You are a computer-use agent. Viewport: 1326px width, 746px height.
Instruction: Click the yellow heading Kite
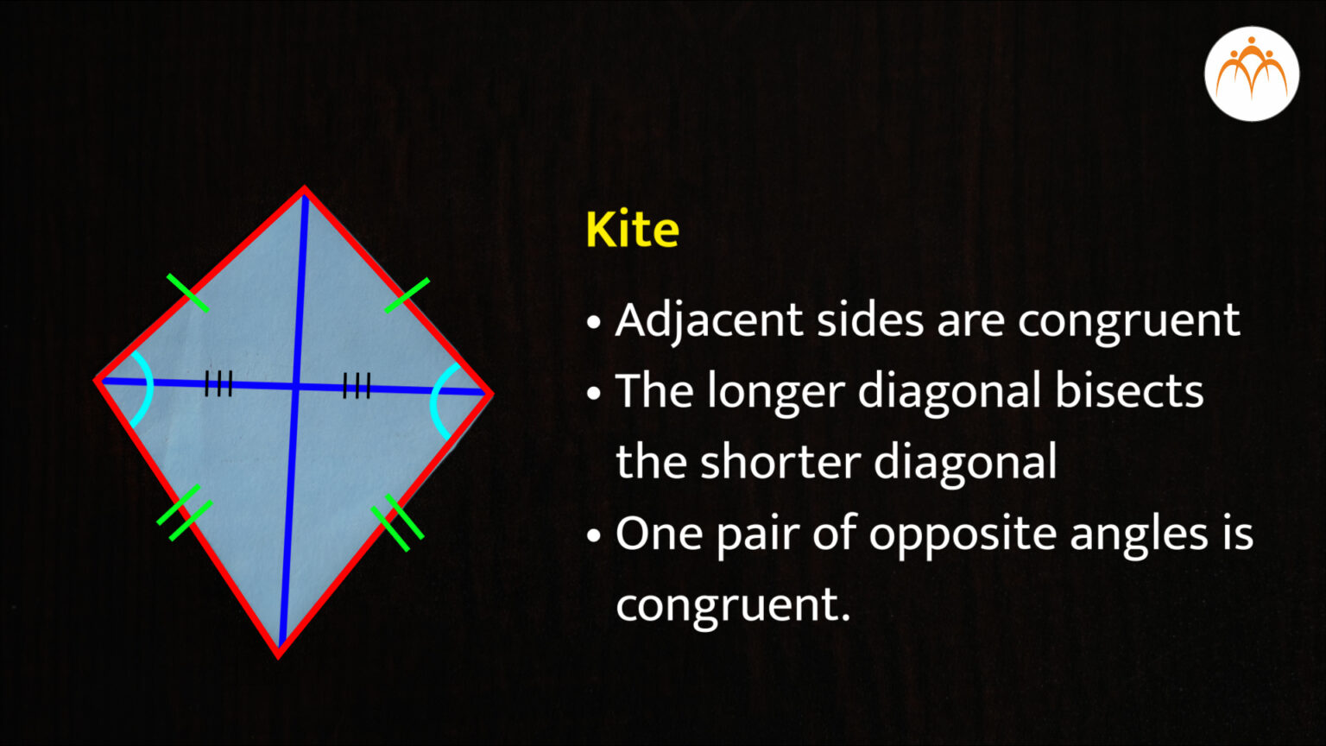pos(632,229)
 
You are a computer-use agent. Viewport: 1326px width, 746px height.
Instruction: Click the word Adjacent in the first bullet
pos(709,321)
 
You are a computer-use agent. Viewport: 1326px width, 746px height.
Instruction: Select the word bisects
pos(1129,391)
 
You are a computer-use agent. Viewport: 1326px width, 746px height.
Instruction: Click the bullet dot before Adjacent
pos(593,323)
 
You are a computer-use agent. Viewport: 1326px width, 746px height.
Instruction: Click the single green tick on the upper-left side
pos(187,293)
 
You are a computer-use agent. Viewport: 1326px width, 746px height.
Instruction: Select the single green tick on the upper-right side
pos(407,295)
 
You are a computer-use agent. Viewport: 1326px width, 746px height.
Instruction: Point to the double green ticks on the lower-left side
pos(185,513)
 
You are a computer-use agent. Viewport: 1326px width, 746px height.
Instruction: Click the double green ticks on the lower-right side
pos(397,522)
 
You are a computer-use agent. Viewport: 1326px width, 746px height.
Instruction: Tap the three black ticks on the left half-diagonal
pos(218,383)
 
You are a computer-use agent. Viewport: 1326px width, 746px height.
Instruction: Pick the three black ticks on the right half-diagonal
pos(357,386)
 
